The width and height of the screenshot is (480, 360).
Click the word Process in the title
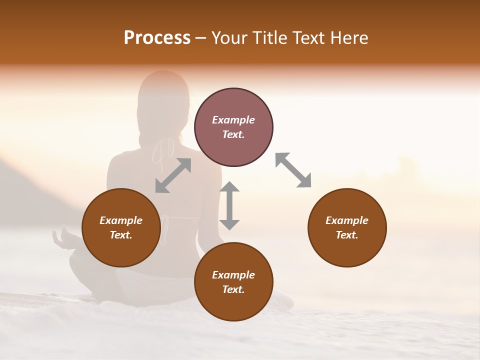coord(157,38)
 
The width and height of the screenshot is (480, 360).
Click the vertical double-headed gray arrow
coord(229,205)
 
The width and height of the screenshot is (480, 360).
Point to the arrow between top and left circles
coord(173,175)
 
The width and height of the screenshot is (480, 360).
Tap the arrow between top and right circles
coord(293,170)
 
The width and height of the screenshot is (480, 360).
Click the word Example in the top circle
coord(233,120)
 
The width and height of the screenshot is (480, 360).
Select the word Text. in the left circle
coord(121,235)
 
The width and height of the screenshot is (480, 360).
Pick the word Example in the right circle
coord(347,220)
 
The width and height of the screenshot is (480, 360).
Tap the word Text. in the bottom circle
coord(233,289)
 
